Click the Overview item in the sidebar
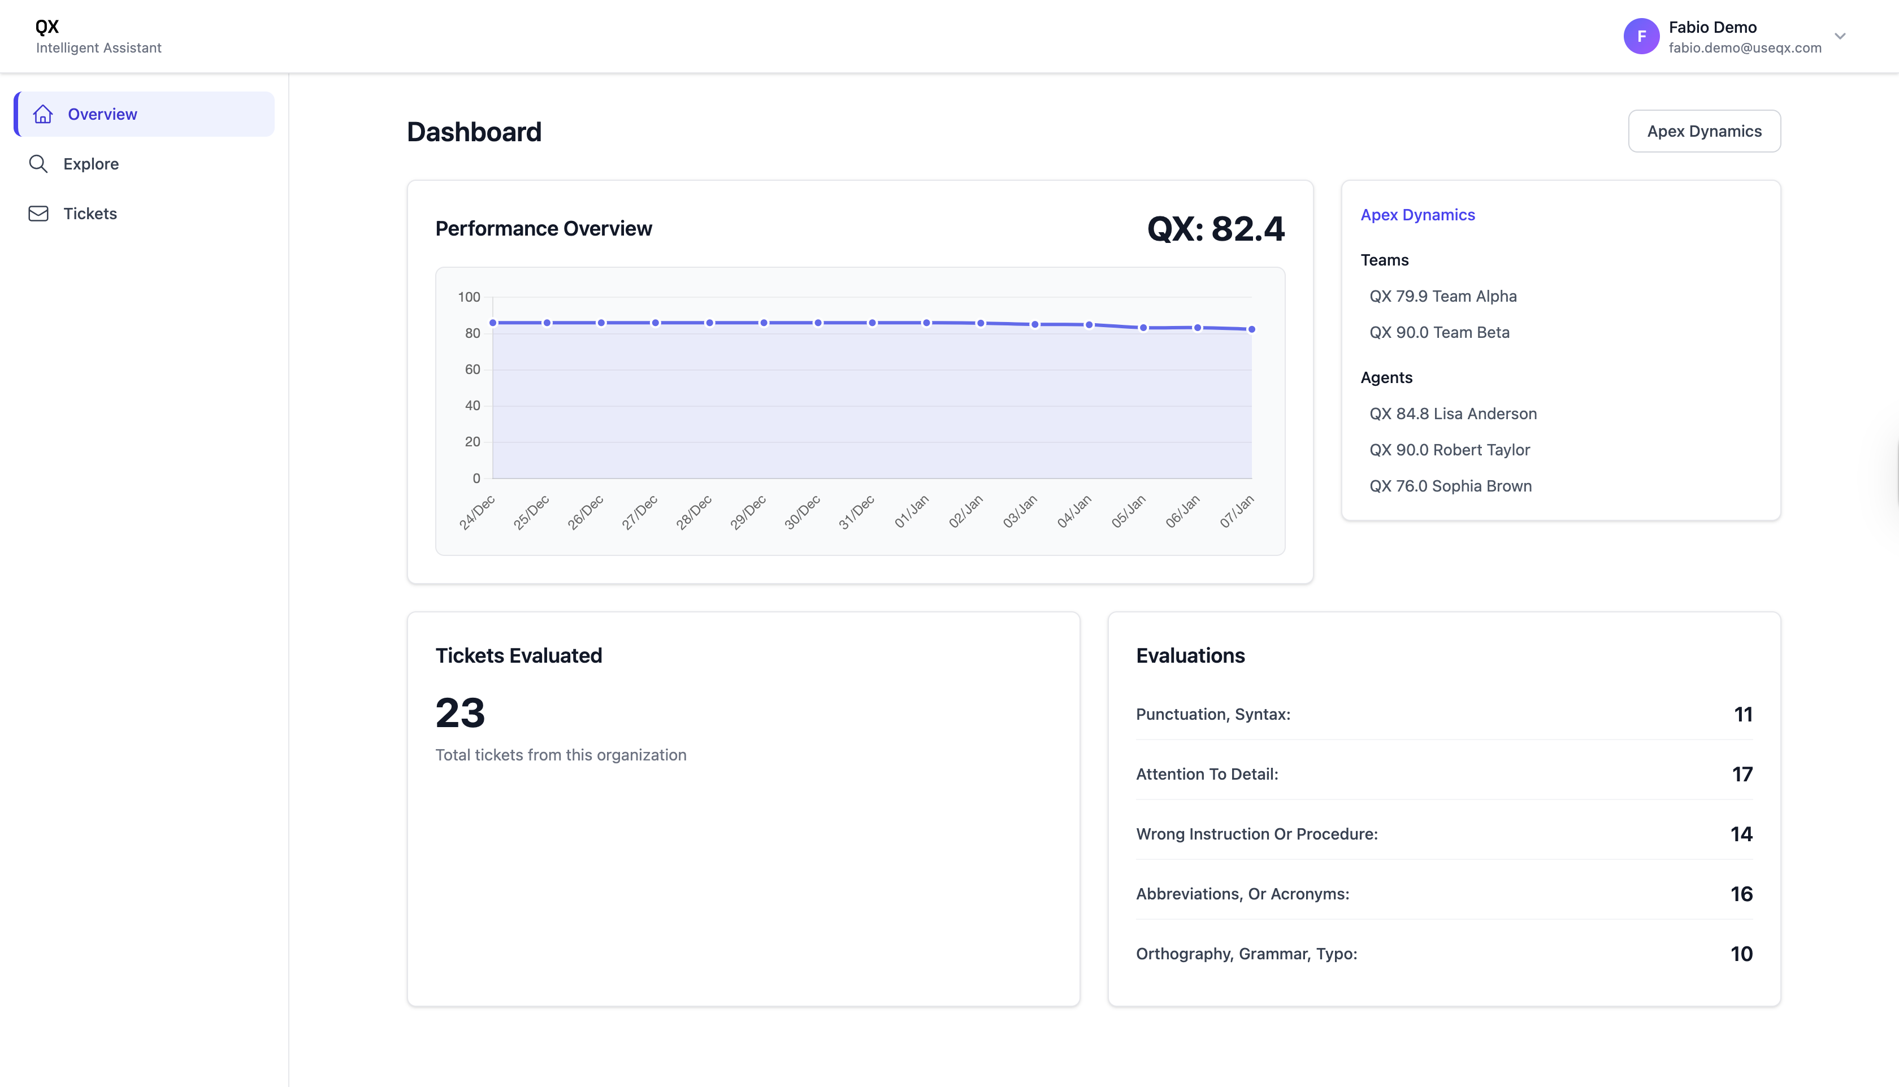click(102, 114)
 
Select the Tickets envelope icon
click(38, 214)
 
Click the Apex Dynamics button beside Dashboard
click(1703, 132)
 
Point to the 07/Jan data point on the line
click(1251, 329)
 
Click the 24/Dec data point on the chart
click(493, 323)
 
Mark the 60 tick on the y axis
click(472, 369)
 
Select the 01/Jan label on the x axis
click(912, 511)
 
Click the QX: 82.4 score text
click(1215, 228)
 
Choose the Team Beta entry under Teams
click(1439, 332)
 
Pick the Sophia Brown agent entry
click(1450, 486)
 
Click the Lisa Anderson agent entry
click(1453, 414)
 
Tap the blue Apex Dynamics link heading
click(1417, 215)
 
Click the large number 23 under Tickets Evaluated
click(460, 712)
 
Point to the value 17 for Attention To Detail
click(1741, 774)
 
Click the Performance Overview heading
click(544, 228)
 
